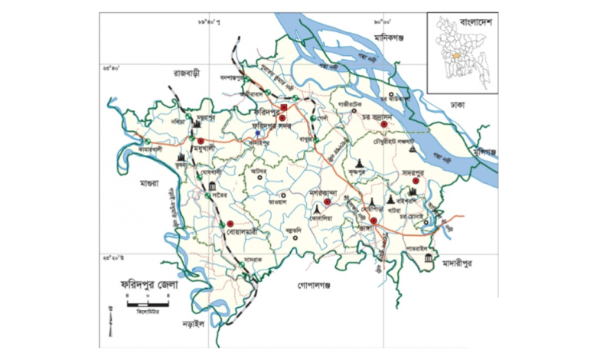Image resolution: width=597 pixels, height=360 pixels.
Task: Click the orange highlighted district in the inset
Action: pyautogui.click(x=458, y=57)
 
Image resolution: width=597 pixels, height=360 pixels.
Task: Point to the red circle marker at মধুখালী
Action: pyautogui.click(x=201, y=141)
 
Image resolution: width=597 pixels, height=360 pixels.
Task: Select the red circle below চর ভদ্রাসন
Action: pyautogui.click(x=383, y=125)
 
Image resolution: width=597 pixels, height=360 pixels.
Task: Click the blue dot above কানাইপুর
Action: pyautogui.click(x=258, y=133)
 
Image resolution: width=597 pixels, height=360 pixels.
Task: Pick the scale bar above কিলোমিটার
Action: pyautogui.click(x=142, y=306)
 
